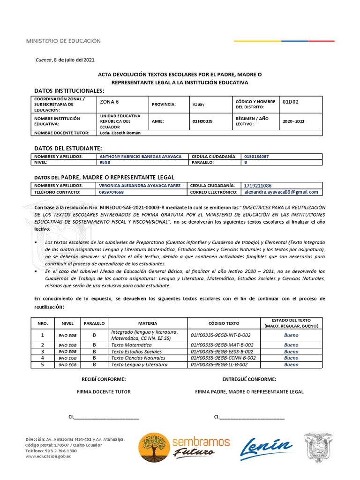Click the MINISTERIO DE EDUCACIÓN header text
[x=63, y=41]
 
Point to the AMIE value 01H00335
[x=202, y=121]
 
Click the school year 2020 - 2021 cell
[x=293, y=121]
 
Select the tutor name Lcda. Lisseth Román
[x=120, y=133]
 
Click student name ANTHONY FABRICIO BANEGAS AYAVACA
[x=141, y=157]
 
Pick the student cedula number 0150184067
[x=256, y=157]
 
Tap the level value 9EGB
[x=105, y=162]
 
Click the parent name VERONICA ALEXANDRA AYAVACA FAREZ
[x=140, y=186]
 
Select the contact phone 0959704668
[x=112, y=192]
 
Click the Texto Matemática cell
[x=131, y=345]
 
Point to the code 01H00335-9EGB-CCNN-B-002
[x=224, y=358]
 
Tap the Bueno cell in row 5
[x=291, y=364]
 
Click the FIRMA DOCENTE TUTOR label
[x=104, y=391]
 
